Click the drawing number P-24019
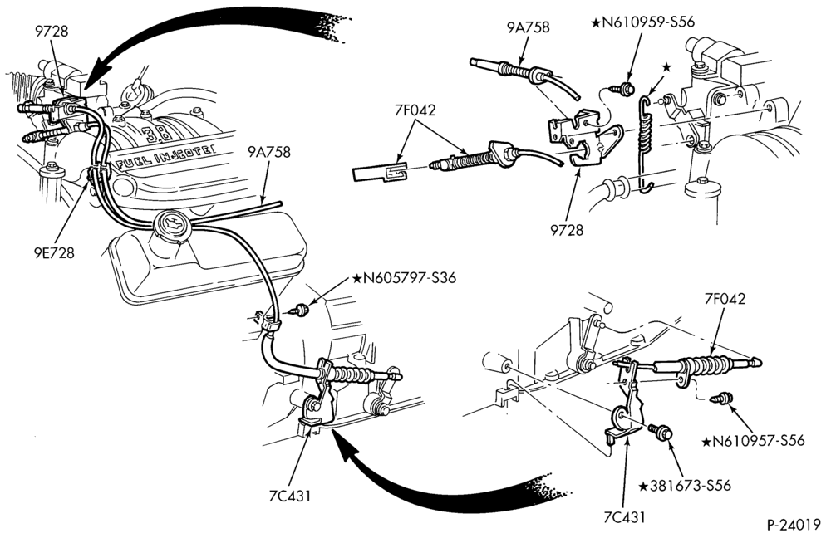794,525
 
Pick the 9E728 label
52,252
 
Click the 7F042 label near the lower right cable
725,299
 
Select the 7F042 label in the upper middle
415,110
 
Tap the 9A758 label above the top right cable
528,27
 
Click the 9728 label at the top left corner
52,32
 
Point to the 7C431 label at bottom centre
289,496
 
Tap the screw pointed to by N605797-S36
302,310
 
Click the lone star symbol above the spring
666,67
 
